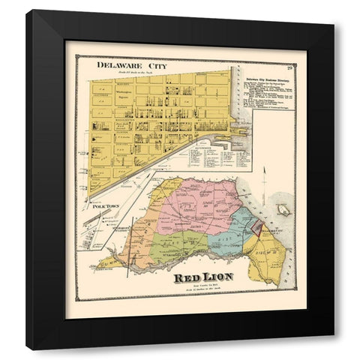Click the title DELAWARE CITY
129,67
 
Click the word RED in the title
187,279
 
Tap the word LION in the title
217,279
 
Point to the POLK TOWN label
103,205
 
